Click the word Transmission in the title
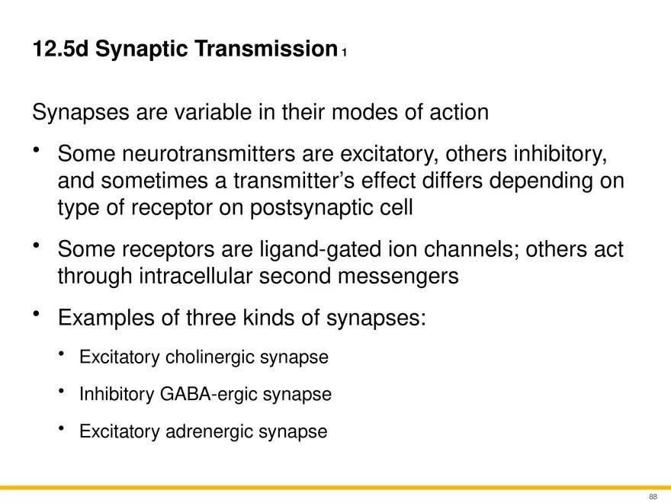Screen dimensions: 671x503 pos(267,48)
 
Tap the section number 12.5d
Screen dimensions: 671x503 pos(60,48)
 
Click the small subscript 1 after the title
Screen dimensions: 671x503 pos(344,53)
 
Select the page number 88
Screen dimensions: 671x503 pos(653,497)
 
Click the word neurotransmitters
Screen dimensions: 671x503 pos(208,153)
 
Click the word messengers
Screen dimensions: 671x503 pos(398,277)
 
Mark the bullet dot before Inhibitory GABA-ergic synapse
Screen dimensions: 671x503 pos(62,390)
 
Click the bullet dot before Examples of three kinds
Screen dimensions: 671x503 pos(37,314)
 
